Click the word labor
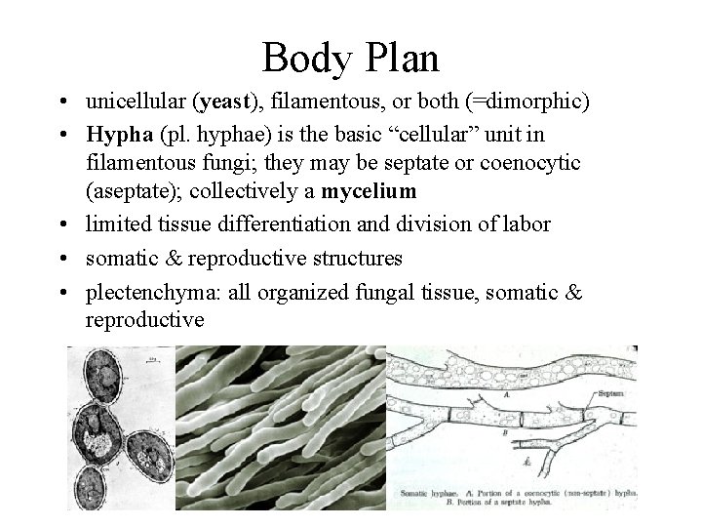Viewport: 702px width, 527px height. pyautogui.click(x=528, y=223)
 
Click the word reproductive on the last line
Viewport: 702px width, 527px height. pyautogui.click(x=144, y=318)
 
